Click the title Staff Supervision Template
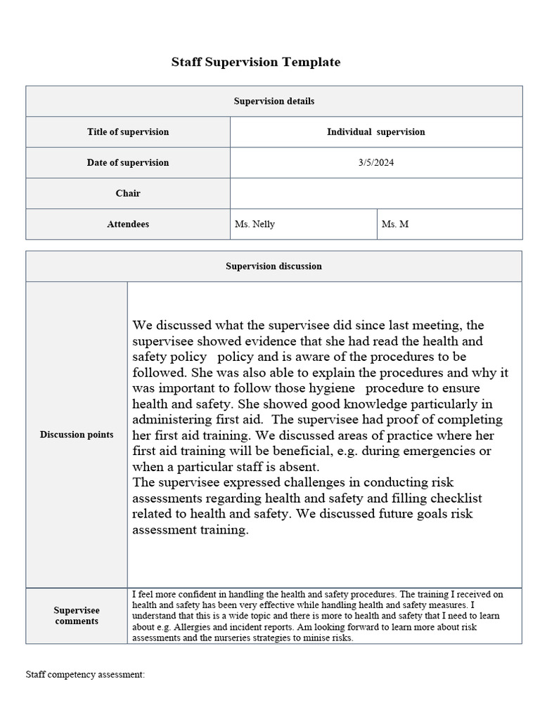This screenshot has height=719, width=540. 256,62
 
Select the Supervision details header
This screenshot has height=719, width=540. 274,101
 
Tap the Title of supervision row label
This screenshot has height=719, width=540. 128,132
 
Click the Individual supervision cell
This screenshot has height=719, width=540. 375,132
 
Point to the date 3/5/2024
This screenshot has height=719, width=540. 375,163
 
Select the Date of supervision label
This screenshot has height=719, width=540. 128,163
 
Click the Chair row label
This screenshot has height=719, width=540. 128,194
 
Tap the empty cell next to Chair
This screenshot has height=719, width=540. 375,194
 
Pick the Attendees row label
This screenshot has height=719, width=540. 128,225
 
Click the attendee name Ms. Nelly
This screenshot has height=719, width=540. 255,225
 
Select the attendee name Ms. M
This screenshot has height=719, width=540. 394,225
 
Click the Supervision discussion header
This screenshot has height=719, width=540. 274,267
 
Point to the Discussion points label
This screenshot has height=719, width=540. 77,435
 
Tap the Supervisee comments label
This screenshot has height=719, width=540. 77,616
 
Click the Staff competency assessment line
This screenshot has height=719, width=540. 85,675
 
